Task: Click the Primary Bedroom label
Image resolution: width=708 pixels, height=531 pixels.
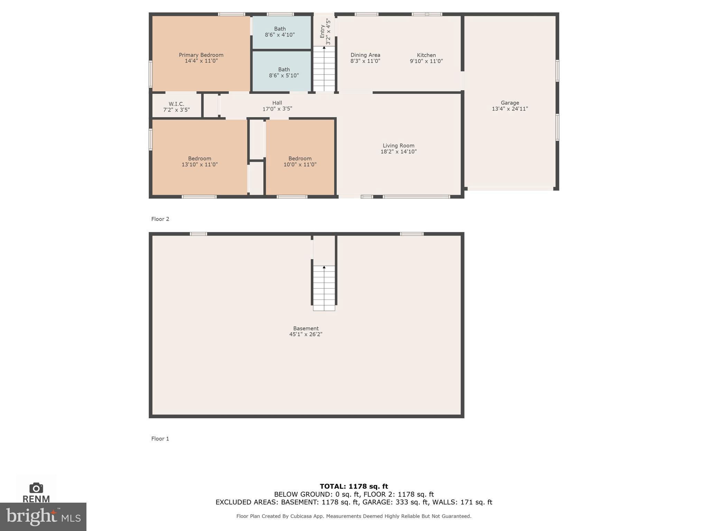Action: (201, 55)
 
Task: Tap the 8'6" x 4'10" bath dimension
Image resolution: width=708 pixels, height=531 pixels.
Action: (280, 35)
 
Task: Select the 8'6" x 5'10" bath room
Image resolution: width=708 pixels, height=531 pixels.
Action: (282, 72)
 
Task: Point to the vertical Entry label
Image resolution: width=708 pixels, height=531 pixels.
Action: (322, 31)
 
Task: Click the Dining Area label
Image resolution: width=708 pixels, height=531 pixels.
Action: (365, 55)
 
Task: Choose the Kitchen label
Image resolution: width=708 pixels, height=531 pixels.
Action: (426, 55)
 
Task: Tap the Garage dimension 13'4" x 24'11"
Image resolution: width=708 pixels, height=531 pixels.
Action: (510, 109)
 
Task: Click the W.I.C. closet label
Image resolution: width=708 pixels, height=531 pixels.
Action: (176, 104)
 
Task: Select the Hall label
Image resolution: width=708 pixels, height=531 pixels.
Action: (277, 103)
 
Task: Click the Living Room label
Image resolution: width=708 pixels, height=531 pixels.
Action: (398, 146)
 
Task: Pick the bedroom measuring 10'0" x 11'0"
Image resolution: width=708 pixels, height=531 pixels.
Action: (300, 161)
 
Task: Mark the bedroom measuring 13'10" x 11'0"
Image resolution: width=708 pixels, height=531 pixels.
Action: (199, 161)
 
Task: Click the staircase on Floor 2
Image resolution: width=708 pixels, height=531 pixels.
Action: (324, 69)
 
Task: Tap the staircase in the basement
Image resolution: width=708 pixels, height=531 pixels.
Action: (324, 288)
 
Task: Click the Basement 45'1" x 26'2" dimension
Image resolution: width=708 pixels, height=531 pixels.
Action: (306, 334)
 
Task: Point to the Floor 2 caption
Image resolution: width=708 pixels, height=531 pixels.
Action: (160, 219)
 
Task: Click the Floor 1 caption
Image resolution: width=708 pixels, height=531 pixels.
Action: (160, 439)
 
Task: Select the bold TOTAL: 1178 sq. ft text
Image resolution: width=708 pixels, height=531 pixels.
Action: (354, 486)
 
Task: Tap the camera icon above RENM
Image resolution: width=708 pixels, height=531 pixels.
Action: (36, 488)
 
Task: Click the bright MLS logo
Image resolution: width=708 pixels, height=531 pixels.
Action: (43, 516)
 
